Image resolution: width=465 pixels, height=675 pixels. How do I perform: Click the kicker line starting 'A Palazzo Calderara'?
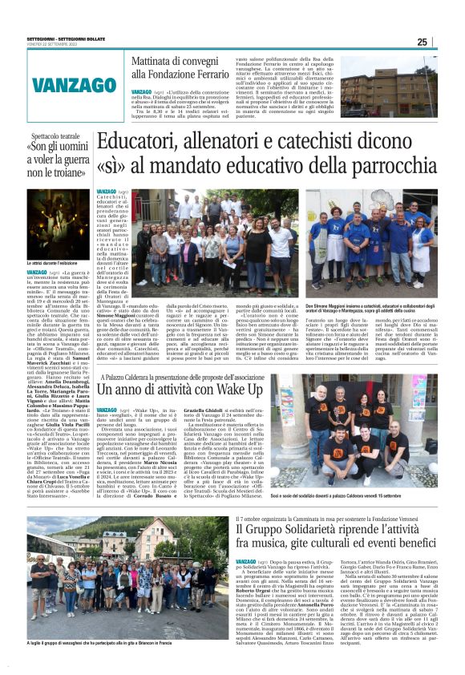click(x=203, y=372)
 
